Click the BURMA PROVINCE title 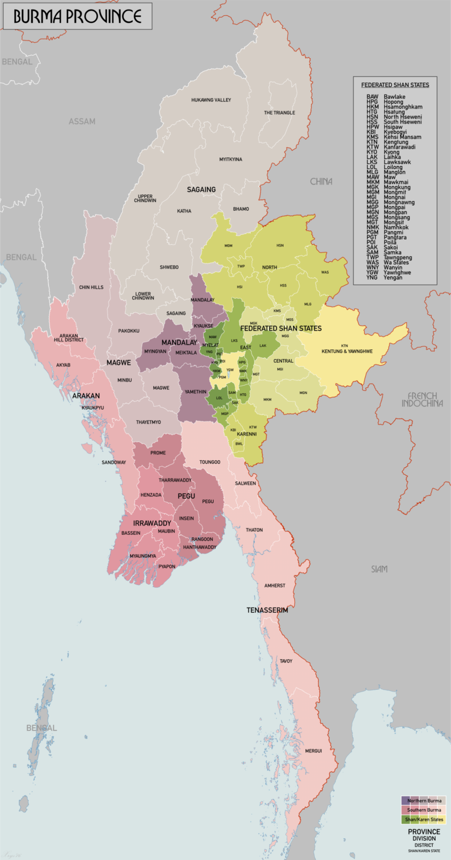[x=77, y=16]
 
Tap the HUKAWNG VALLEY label [x=211, y=100]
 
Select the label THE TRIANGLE [x=280, y=113]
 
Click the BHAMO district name [x=241, y=209]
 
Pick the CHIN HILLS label [x=91, y=287]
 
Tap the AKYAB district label [x=63, y=365]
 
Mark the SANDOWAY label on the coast [x=114, y=463]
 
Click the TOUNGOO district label [x=209, y=463]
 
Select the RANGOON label [x=202, y=539]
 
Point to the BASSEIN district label [x=131, y=533]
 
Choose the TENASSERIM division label [x=267, y=611]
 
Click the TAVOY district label [x=286, y=661]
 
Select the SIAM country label [x=379, y=569]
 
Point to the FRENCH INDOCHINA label [x=422, y=400]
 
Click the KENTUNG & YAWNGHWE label [x=347, y=352]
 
